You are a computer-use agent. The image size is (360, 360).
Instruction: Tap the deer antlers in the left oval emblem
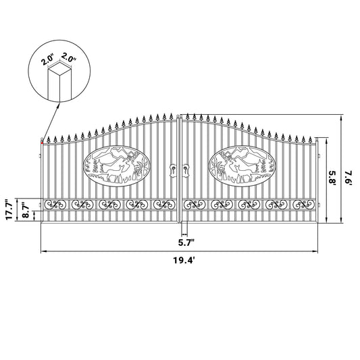tap(130, 157)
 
